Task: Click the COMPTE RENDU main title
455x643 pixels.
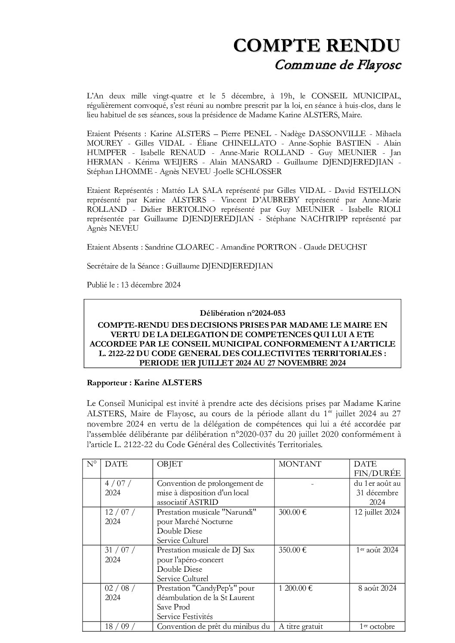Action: click(317, 45)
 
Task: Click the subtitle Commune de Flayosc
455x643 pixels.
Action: click(338, 65)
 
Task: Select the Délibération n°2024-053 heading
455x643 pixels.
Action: click(242, 313)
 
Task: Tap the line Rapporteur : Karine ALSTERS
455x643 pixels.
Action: click(144, 382)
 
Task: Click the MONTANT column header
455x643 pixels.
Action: click(300, 464)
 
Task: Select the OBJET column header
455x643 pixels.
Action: click(169, 464)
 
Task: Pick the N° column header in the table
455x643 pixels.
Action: click(91, 464)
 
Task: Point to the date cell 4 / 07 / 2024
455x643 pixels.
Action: click(118, 488)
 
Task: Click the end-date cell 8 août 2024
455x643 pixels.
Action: click(377, 588)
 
